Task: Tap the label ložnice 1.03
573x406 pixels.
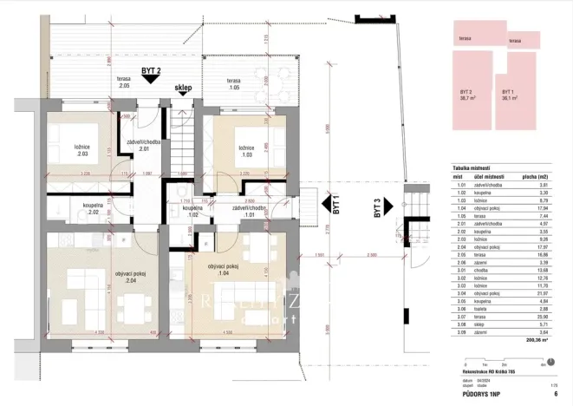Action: [x=246, y=150]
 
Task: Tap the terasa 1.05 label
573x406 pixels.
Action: [x=234, y=85]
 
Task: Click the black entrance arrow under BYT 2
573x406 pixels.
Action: [x=153, y=78]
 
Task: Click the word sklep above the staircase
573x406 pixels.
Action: [x=183, y=88]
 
